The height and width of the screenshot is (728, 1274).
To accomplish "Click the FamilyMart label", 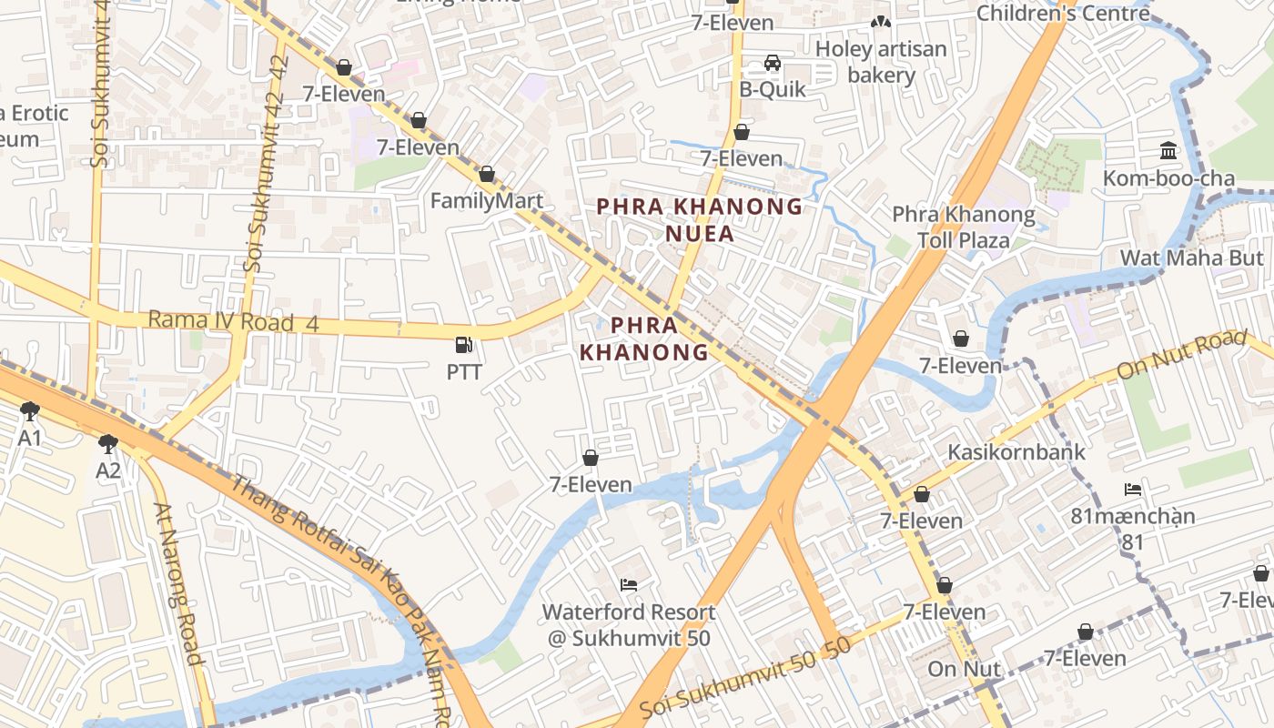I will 486,201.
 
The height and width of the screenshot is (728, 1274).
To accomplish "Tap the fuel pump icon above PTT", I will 464,345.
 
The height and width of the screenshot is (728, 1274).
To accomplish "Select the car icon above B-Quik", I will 772,63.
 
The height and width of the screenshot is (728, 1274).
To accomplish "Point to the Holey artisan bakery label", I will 880,62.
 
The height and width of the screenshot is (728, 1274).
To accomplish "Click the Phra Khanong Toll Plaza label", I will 963,227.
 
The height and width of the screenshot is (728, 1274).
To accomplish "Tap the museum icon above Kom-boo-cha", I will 1168,150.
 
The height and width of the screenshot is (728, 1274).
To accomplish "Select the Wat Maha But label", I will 1191,258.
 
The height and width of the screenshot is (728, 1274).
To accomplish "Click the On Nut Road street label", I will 1180,356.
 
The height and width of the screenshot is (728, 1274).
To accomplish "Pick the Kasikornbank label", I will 1016,452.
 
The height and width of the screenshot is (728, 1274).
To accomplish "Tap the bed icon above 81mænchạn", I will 1133,490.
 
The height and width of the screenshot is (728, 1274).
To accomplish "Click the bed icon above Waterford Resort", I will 628,584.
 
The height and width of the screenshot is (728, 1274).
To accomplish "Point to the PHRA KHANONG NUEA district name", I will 699,220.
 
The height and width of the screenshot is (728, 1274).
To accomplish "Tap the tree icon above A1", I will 30,411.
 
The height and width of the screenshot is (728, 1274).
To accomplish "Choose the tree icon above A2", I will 108,443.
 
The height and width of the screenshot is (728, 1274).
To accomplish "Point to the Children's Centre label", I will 1063,14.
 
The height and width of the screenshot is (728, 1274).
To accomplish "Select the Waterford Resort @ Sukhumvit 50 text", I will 629,625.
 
